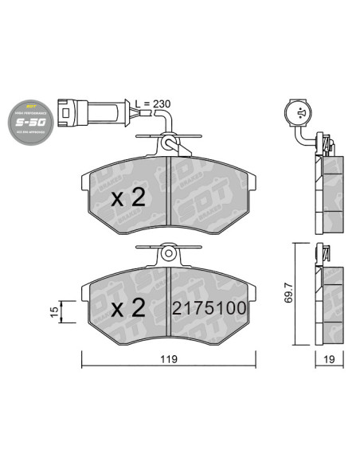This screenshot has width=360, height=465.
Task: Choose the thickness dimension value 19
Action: (x=328, y=360)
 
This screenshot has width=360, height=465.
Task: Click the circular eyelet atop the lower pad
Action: (x=168, y=254)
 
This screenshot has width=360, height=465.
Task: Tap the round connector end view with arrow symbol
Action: (x=300, y=114)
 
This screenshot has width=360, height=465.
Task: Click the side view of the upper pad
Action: (x=328, y=191)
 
